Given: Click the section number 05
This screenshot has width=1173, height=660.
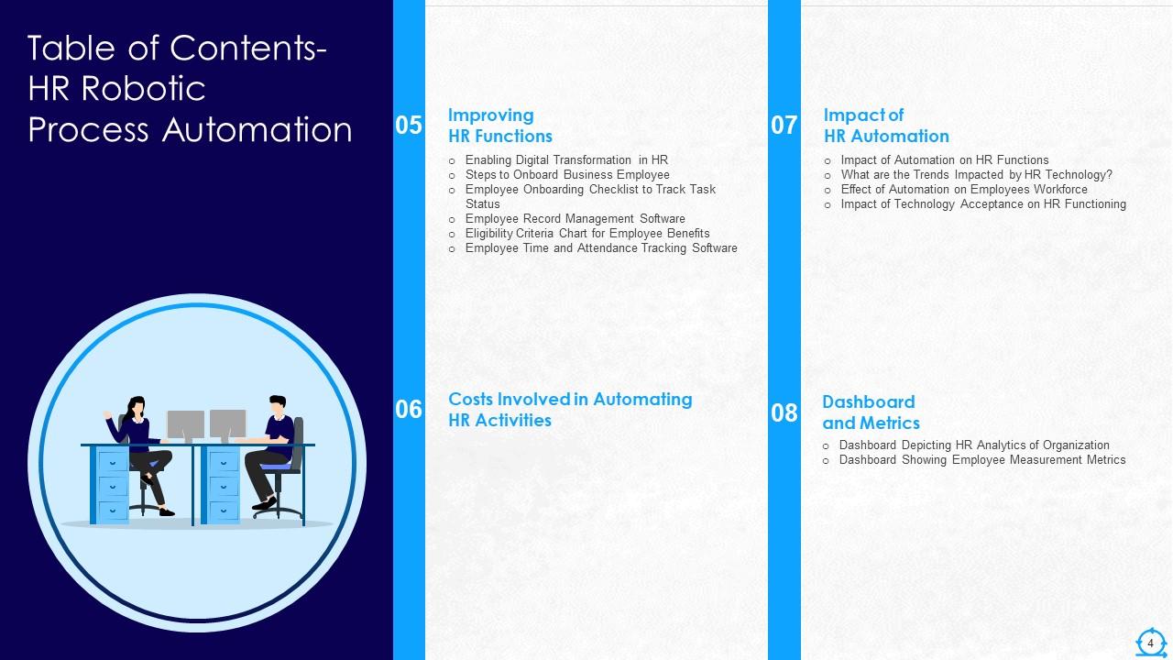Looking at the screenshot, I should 409,126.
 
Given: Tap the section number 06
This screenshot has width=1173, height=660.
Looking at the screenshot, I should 409,410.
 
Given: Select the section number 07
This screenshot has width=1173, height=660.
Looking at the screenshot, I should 784,126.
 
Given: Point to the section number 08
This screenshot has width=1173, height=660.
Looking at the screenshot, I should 784,412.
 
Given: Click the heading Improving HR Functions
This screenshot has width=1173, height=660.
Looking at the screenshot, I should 499,126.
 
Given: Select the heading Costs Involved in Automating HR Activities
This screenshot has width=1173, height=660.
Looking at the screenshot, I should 569,410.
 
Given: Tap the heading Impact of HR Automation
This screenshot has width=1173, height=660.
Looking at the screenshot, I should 885,126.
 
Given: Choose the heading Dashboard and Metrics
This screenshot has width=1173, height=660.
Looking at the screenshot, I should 870,412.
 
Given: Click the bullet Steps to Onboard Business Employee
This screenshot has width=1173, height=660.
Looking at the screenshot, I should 566,174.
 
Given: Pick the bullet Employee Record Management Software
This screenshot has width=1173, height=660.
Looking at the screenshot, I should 575,218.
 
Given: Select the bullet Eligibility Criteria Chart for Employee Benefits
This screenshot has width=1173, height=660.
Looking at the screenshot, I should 586,233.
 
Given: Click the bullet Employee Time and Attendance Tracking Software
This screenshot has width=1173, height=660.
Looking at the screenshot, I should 600,247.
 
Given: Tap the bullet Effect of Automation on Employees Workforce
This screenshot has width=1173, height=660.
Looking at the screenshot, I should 963,190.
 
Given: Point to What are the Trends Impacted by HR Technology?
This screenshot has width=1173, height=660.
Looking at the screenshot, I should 976,174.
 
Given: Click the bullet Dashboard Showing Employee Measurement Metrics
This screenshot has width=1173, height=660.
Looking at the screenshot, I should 981,460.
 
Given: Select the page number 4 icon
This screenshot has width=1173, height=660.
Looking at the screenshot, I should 1150,643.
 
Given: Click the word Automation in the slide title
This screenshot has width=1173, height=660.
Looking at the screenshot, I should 257,129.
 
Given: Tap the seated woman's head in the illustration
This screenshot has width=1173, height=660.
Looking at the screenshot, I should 137,404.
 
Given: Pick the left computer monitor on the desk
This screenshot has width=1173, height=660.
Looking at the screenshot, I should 185,424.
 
